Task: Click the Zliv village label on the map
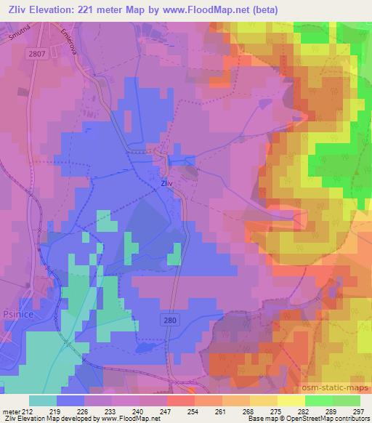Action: coord(166,184)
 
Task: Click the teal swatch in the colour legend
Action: coord(43,400)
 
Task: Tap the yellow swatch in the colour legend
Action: coord(291,400)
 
